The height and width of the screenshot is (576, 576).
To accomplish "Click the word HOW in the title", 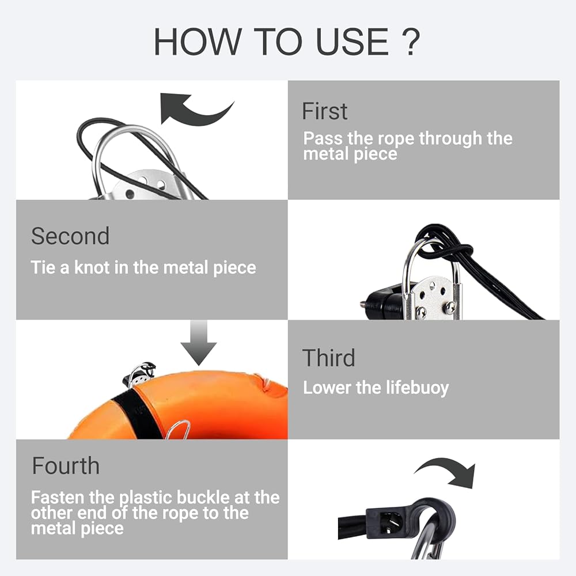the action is coord(197,41).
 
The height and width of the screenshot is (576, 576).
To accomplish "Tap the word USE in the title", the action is coord(351,41).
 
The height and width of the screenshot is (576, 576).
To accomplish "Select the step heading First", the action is coord(324,111).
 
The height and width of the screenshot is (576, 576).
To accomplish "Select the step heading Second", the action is coord(70,236).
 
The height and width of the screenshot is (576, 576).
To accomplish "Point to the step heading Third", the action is coord(328,358).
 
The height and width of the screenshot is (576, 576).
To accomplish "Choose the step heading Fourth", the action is coord(66,466).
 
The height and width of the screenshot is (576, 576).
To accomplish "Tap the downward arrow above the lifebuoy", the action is coord(198,342).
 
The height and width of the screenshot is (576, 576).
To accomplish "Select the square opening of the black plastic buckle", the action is coord(388,522).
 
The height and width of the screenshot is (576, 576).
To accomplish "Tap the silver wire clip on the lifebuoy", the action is coord(178,430).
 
